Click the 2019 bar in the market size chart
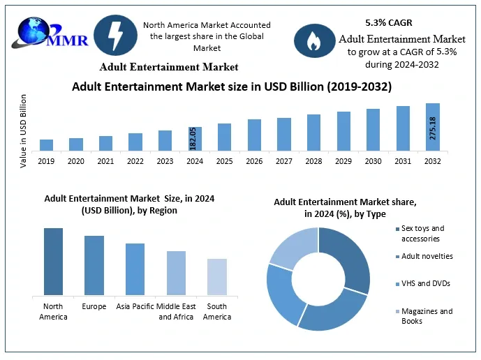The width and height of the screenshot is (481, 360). pos(46,144)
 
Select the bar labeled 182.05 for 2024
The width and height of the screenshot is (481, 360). pos(195,138)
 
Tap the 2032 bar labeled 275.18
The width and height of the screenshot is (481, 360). pos(433,127)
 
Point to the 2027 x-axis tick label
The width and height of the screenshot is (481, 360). pos(284,161)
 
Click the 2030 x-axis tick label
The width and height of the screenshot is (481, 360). pos(373,161)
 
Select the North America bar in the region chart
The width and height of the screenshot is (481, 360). pos(53,262)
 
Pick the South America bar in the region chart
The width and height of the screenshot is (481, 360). pos(217,277)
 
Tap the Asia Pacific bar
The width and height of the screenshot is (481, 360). pos(135,269)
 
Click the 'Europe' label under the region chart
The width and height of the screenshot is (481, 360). pos(94,306)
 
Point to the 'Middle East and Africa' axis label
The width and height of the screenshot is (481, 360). pos(176,311)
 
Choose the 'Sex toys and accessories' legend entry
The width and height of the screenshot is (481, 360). pos(422,233)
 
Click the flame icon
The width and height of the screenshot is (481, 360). pos(313,41)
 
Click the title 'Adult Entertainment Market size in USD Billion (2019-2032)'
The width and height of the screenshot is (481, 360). pos(232,87)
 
